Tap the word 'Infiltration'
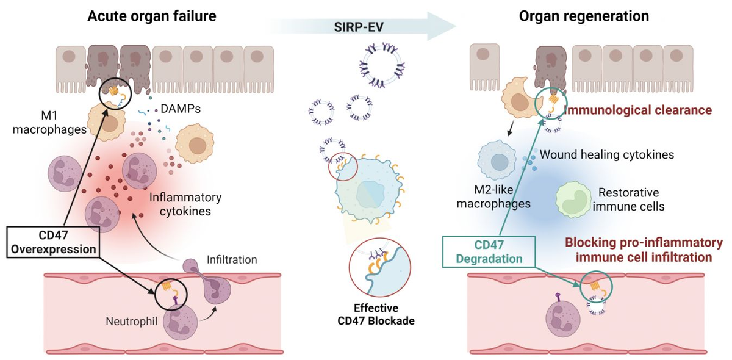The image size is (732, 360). pyautogui.click(x=232, y=259)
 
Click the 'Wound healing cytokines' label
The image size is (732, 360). pyautogui.click(x=606, y=154)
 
